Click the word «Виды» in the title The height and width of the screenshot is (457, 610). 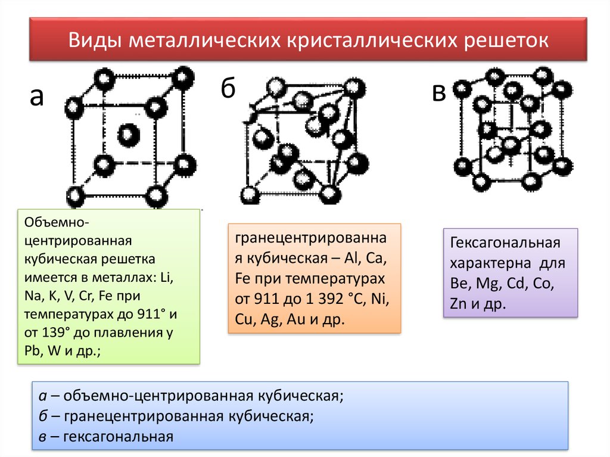96,40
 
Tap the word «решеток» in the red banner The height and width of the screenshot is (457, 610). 506,41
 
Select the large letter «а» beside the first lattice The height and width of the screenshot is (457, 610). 37,97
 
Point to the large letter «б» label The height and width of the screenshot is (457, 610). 228,88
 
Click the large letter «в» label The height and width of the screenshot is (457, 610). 439,93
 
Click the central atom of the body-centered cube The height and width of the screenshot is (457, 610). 129,135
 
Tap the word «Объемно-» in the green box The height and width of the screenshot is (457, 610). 57,222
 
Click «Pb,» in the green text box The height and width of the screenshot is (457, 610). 33,351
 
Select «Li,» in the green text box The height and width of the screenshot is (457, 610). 167,277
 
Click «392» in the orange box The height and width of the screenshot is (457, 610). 331,299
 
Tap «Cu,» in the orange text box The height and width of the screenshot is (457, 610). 244,319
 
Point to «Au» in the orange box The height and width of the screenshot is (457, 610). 295,319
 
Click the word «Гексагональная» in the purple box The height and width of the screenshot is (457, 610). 505,243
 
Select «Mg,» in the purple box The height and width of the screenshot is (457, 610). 488,284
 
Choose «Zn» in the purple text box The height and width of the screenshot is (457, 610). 458,304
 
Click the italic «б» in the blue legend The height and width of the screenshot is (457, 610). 43,416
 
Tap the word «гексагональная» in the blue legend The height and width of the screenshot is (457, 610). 119,437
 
